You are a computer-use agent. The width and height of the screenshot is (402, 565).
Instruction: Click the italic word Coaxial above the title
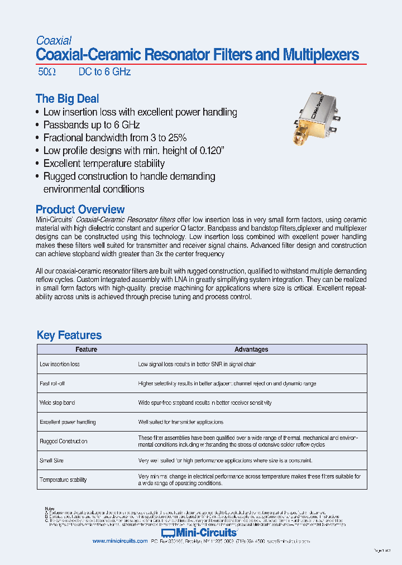[54, 41]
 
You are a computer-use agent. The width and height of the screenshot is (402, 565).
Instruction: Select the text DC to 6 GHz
[104, 72]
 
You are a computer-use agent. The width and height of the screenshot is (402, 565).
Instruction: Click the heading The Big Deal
[67, 99]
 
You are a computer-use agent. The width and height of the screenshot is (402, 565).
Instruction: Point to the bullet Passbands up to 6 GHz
[92, 125]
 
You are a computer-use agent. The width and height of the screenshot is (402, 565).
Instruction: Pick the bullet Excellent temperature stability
[104, 164]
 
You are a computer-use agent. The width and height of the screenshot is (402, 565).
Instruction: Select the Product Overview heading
[80, 209]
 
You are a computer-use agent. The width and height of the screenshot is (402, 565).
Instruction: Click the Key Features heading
[69, 335]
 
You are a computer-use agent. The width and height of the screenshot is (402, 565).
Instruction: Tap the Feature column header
[86, 349]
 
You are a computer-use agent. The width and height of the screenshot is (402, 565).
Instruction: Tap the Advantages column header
[251, 349]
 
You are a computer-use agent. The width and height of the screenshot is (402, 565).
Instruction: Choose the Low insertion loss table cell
[60, 364]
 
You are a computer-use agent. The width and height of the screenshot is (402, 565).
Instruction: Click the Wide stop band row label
[58, 403]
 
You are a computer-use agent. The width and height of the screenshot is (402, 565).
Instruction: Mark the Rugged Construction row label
[64, 441]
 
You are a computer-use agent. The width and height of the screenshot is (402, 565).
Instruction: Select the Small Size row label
[52, 461]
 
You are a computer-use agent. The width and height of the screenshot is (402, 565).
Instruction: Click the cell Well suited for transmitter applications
[181, 422]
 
